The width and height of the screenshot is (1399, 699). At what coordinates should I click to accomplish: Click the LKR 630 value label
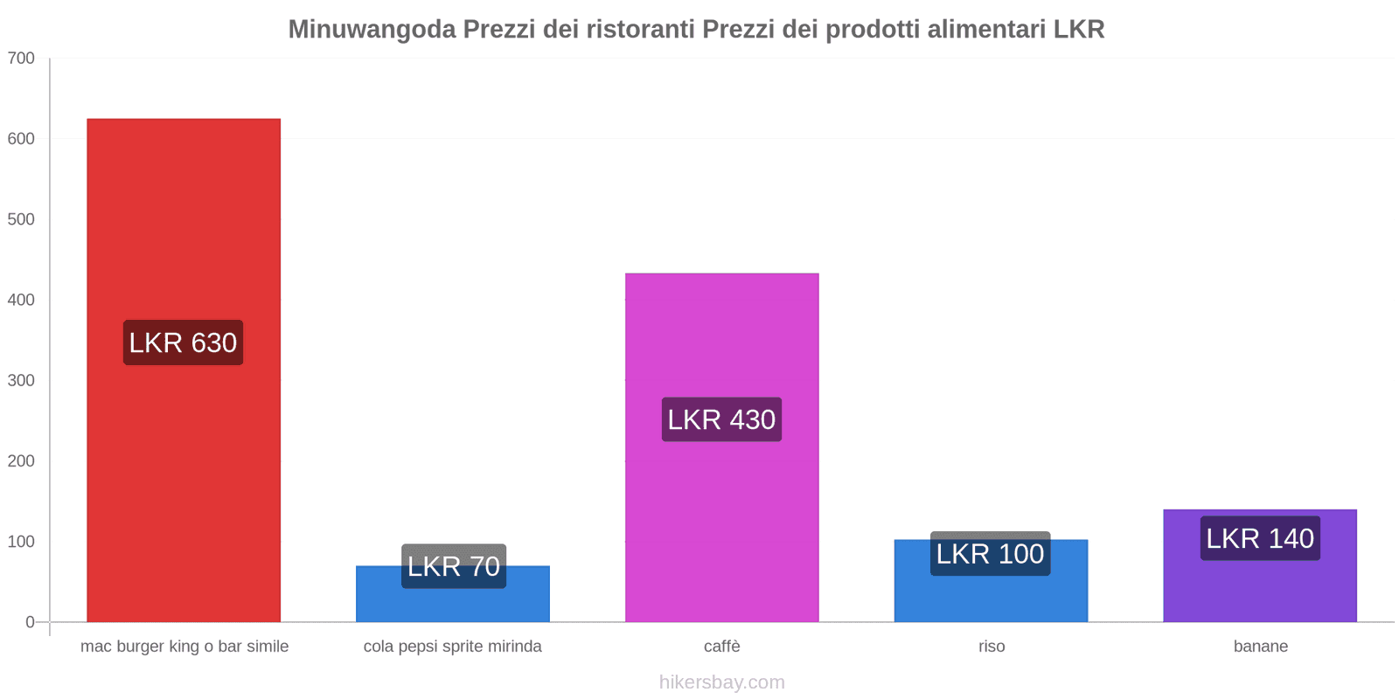[183, 343]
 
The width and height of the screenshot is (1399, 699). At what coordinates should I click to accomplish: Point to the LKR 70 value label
[453, 566]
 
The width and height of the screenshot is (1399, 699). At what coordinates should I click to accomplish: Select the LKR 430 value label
[721, 419]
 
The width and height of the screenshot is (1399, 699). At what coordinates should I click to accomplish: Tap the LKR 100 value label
[990, 554]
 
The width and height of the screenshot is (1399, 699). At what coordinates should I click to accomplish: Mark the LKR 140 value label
[1260, 538]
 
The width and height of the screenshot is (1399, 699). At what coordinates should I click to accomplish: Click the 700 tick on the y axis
[21, 59]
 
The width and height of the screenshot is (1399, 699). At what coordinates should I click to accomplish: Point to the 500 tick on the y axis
[21, 219]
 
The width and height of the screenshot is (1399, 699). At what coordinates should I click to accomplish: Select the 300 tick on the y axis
[21, 380]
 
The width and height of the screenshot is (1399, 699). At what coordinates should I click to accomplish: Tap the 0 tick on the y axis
[30, 622]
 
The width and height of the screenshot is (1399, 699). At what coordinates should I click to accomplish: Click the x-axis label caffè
[721, 647]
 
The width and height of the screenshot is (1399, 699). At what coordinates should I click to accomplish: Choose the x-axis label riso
[992, 647]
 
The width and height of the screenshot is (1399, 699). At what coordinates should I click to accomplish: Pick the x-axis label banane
[1260, 647]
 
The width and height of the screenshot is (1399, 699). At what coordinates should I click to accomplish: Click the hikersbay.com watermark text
[721, 682]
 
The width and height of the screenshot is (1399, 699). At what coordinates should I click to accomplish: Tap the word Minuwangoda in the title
[372, 30]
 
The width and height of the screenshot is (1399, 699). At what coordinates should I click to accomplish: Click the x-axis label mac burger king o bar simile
[184, 647]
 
